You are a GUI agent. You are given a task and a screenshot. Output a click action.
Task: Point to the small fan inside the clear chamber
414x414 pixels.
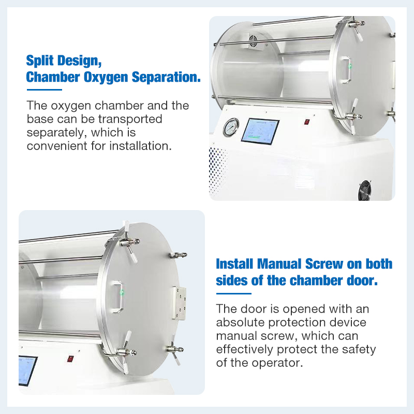pos(254,42)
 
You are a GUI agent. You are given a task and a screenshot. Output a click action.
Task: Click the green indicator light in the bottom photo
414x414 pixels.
pos(122,291)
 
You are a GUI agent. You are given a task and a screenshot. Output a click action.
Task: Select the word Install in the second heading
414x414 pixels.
pos(233,264)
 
